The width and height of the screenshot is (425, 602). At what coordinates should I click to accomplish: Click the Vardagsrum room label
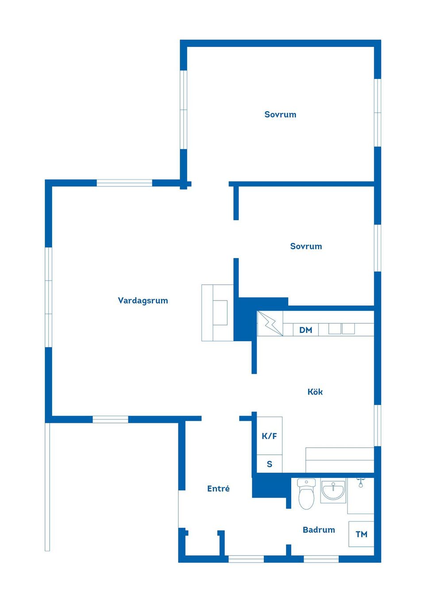(143, 301)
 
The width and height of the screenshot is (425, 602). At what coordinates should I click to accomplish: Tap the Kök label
(315, 391)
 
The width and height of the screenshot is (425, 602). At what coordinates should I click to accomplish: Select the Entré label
(218, 489)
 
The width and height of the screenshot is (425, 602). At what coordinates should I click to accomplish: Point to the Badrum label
(319, 530)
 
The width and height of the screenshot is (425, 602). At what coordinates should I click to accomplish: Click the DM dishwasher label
(305, 330)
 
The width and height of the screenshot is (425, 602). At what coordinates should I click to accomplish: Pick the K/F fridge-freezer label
(269, 436)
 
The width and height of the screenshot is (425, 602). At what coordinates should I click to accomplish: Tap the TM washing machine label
(361, 534)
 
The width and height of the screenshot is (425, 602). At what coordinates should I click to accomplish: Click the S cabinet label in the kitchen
(269, 464)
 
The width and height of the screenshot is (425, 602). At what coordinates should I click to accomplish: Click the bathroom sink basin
(333, 490)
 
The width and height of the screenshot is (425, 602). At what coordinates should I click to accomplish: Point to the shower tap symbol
(361, 482)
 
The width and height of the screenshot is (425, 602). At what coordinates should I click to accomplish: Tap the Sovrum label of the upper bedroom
(280, 114)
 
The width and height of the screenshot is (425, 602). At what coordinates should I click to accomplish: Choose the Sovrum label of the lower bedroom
(306, 246)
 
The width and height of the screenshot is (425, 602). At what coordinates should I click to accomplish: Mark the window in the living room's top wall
(124, 183)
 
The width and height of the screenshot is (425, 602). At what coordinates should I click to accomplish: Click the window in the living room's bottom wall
(111, 419)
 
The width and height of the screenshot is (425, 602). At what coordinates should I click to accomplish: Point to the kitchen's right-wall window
(378, 426)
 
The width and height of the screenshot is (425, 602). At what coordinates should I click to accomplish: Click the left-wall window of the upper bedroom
(184, 109)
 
